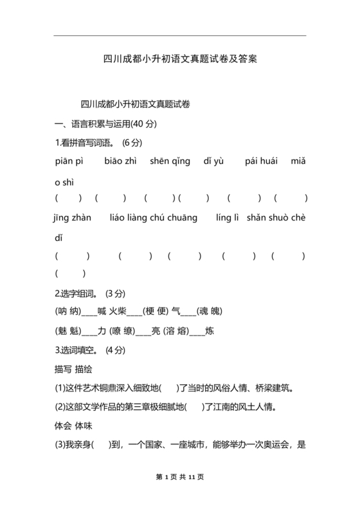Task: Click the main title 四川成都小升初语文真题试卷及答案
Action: point(180,59)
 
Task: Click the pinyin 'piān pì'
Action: point(70,161)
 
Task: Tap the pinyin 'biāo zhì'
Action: point(120,161)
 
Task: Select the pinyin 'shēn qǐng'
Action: point(170,161)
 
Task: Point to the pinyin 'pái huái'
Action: point(261,161)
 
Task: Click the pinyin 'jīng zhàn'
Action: point(73,218)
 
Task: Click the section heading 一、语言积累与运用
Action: point(105,123)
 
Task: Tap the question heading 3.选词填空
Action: point(76,350)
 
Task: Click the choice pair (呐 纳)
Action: point(67,312)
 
